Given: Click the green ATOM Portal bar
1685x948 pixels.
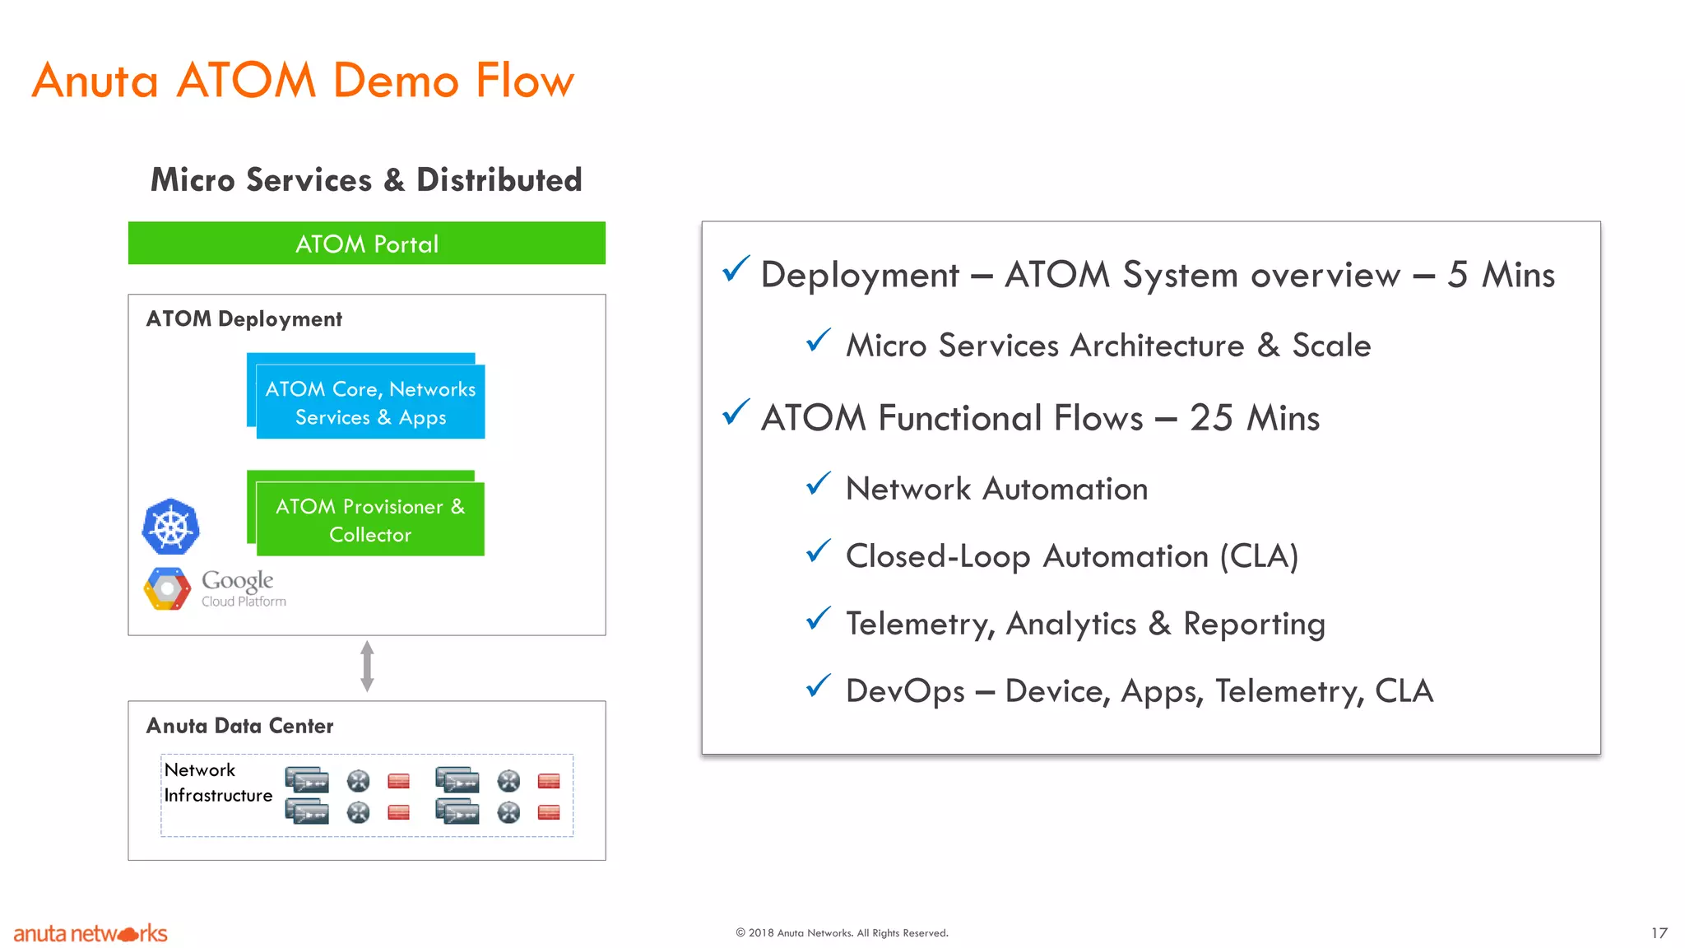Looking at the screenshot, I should point(366,244).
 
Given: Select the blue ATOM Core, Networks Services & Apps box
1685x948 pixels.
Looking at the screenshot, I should point(369,402).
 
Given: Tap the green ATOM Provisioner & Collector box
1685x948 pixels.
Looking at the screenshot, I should point(369,519).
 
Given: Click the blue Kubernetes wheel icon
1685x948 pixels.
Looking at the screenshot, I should point(171,527).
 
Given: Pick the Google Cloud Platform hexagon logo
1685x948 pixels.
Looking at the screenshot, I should point(167,589).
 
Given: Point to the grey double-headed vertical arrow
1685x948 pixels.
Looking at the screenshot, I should point(367,667).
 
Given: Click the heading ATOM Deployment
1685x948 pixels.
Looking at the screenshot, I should point(244,319).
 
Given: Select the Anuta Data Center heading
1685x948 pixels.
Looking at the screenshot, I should point(239,726).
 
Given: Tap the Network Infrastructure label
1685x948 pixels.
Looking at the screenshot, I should point(217,783).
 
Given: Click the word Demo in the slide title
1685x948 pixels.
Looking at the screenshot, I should point(396,81).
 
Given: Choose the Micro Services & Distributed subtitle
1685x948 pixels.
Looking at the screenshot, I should point(366,180).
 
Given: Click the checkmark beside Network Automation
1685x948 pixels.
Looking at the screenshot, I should point(819,484).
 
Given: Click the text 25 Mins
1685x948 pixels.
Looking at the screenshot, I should point(1254,418).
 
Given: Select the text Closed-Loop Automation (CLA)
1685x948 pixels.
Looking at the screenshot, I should point(1071,556).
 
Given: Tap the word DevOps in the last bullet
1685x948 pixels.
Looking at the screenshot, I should point(904,691).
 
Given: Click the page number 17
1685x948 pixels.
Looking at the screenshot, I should point(1659,933).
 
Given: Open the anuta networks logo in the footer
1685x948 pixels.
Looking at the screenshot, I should point(91,934).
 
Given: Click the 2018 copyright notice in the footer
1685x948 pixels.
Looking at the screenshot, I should point(842,933).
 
